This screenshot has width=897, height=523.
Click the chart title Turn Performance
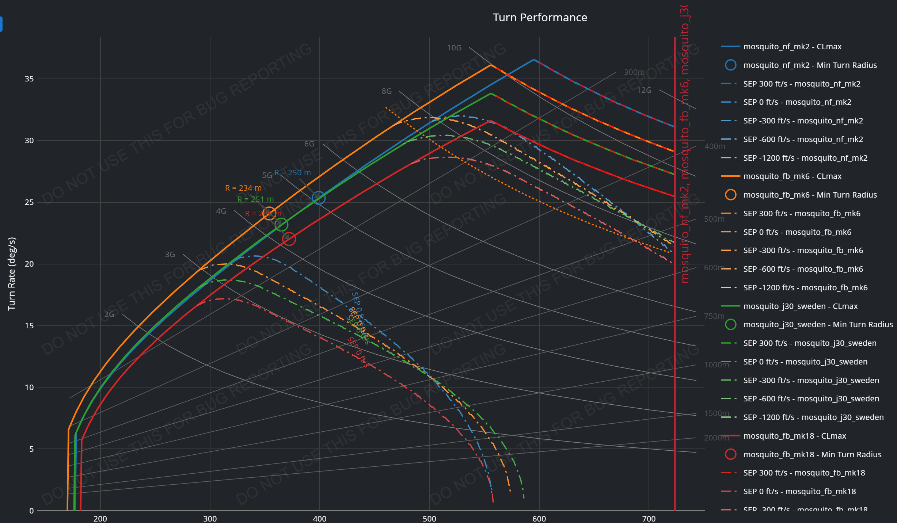coord(540,18)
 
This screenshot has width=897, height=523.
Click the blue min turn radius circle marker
coord(319,198)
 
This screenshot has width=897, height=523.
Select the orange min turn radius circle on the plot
coord(269,213)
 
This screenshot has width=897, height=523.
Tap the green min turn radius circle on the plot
coord(281,225)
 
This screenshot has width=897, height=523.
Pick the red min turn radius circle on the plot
coord(289,239)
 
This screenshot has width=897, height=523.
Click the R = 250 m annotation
coord(292,173)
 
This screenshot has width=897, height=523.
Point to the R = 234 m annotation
coord(243,188)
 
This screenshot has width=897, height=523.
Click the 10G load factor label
coord(454,48)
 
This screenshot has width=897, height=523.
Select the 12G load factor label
coord(644,90)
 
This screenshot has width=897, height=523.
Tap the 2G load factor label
coord(109,314)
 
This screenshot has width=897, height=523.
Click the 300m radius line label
coord(634,72)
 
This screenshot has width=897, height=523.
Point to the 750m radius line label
coord(714,316)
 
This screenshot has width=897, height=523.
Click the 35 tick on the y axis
coord(29,79)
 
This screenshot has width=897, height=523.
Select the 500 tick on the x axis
coord(429,519)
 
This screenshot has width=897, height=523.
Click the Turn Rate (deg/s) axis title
coord(11,274)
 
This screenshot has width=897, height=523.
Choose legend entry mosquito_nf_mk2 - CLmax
coord(792,47)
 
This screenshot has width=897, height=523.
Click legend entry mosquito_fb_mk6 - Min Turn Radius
coord(810,195)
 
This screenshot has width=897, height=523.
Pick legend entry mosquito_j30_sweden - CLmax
coord(800,306)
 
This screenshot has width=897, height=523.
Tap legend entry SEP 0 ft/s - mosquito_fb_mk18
coord(799,492)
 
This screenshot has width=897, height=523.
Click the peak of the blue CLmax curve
coord(533,60)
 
